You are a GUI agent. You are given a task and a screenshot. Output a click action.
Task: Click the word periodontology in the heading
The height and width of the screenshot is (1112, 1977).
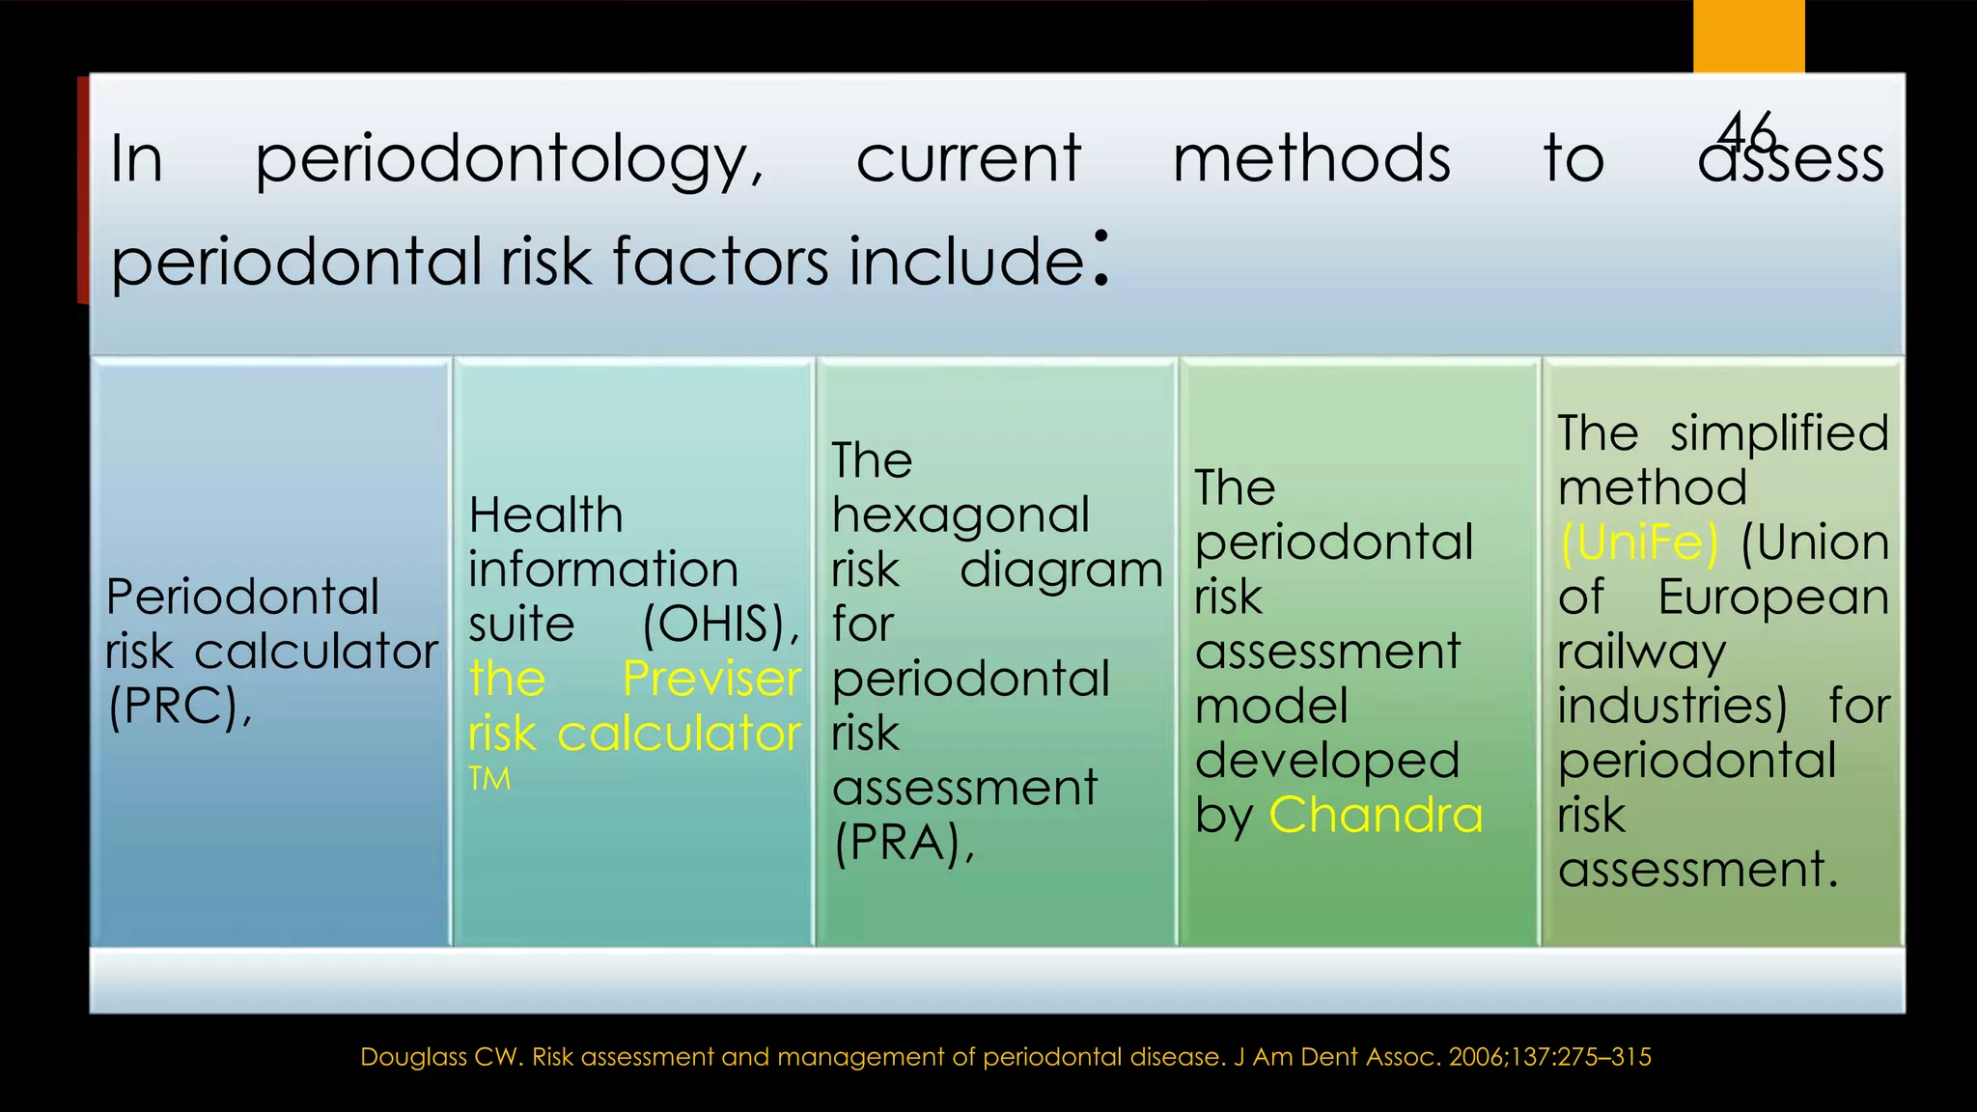(x=509, y=160)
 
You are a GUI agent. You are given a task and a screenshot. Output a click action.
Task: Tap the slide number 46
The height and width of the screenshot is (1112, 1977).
(x=1747, y=131)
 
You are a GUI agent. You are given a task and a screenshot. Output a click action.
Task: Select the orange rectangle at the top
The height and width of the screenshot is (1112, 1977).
(x=1748, y=36)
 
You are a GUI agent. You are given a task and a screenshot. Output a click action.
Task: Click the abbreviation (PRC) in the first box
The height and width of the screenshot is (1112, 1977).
(x=180, y=707)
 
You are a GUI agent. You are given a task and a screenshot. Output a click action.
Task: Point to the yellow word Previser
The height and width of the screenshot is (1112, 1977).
(x=711, y=679)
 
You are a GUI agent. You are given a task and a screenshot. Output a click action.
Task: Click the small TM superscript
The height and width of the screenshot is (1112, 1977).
(x=489, y=778)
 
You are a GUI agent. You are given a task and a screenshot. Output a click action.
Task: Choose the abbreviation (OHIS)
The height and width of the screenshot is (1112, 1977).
(x=721, y=625)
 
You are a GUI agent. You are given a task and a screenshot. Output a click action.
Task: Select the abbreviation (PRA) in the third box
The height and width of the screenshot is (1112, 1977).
(x=904, y=843)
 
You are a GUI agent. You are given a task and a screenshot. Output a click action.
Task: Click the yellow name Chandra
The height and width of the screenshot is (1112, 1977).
(x=1376, y=815)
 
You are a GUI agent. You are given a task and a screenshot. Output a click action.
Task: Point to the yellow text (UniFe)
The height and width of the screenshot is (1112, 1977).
(x=1639, y=542)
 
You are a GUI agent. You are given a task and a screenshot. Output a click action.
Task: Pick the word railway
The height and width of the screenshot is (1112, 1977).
(x=1641, y=653)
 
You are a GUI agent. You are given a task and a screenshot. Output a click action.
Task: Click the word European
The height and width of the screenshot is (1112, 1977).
(x=1772, y=598)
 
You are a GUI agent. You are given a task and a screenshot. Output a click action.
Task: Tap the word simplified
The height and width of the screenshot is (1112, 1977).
(x=1779, y=432)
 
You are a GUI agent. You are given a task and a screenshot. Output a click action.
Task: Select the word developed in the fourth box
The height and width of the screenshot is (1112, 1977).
(x=1327, y=762)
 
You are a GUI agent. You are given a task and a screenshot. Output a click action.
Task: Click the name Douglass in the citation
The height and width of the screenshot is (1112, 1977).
(x=414, y=1057)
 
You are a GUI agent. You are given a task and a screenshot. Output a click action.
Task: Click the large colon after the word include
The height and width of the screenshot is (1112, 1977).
(x=1100, y=258)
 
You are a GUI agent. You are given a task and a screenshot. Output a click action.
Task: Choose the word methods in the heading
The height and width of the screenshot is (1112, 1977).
(x=1311, y=158)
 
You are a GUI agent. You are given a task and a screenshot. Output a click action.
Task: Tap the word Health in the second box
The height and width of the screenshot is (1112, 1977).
(x=545, y=514)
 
